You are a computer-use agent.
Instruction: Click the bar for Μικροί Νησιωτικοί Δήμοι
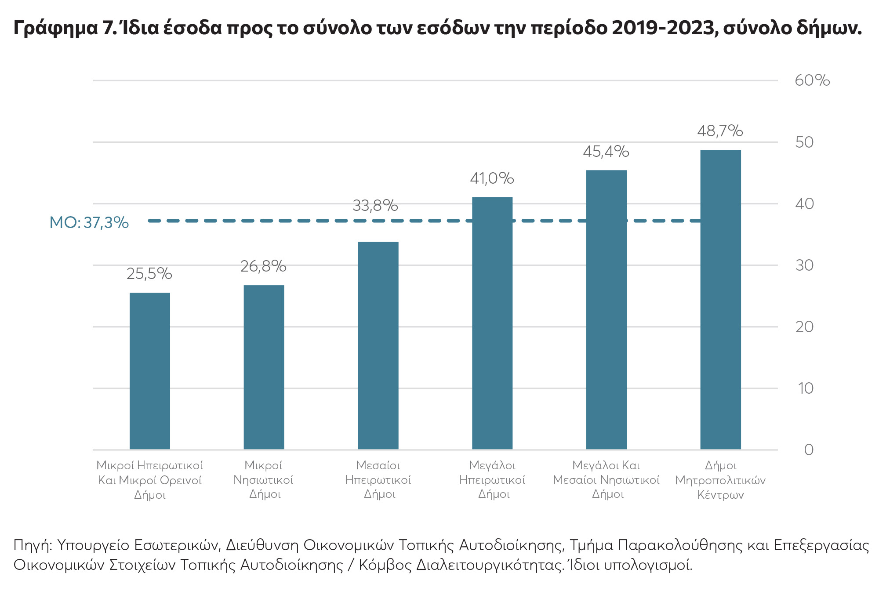click(264, 367)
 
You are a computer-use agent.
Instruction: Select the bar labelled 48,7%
click(720, 299)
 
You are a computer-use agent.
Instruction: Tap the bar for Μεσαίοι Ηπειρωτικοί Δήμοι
click(378, 345)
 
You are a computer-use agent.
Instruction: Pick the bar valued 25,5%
click(150, 371)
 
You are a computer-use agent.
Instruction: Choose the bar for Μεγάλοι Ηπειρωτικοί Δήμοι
click(492, 323)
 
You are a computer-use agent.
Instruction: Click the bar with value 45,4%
click(606, 309)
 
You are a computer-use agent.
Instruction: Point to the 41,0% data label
click(492, 178)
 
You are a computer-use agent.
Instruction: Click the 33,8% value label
click(375, 206)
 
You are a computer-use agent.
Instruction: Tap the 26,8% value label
click(263, 266)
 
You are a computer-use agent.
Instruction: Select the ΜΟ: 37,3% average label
click(89, 223)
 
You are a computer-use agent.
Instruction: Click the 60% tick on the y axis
click(812, 80)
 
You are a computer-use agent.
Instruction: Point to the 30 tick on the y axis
click(805, 265)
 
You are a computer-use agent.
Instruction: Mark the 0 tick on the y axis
click(809, 450)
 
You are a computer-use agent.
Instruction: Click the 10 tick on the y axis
click(806, 388)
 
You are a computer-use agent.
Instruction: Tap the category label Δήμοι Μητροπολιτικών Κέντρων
click(720, 480)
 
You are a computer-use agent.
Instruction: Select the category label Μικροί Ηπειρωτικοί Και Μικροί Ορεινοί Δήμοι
click(150, 480)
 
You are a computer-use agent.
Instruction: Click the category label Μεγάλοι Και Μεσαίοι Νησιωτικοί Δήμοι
click(606, 479)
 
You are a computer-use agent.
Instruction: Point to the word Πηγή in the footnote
click(32, 546)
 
